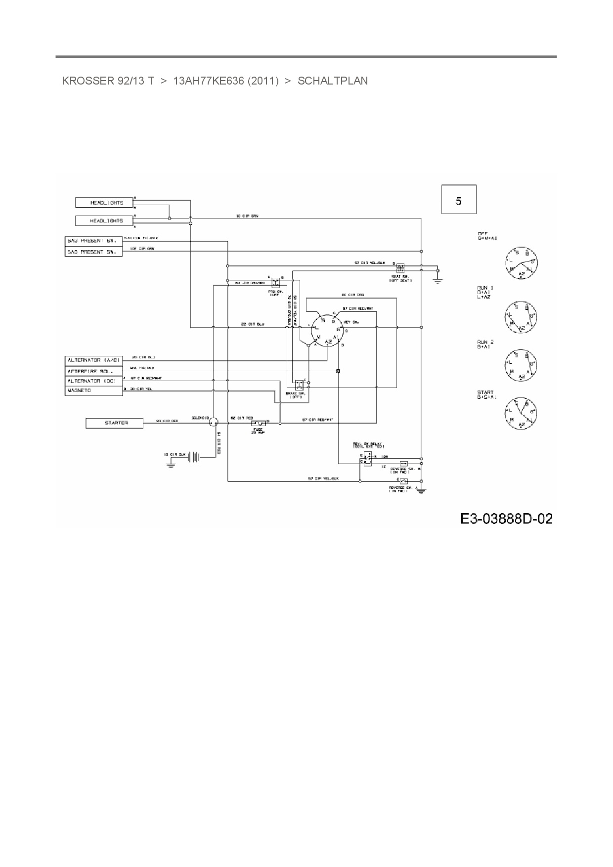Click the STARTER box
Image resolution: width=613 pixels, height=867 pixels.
tap(114, 423)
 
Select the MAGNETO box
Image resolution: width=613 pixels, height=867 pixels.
tap(94, 390)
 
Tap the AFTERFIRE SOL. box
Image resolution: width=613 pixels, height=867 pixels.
tap(94, 371)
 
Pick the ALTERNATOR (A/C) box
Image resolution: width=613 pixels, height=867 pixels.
tap(94, 360)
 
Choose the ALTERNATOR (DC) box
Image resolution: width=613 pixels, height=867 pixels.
tap(94, 381)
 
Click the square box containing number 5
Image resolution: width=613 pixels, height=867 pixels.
tap(459, 200)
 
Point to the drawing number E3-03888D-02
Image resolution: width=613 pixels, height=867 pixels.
tap(506, 519)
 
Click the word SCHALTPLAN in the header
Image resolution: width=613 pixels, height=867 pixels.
tap(333, 81)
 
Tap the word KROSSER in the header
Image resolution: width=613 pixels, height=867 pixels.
tap(88, 81)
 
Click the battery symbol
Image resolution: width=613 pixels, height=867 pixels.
tap(195, 457)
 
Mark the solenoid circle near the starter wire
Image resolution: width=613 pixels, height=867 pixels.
tap(213, 422)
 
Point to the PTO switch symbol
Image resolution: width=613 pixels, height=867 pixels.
tap(276, 282)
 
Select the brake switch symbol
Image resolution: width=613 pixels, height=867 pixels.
tap(299, 385)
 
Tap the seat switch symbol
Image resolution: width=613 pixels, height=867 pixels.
tap(400, 267)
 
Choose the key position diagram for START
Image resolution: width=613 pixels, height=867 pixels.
tap(521, 412)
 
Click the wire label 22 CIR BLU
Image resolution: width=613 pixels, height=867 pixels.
tap(253, 324)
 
